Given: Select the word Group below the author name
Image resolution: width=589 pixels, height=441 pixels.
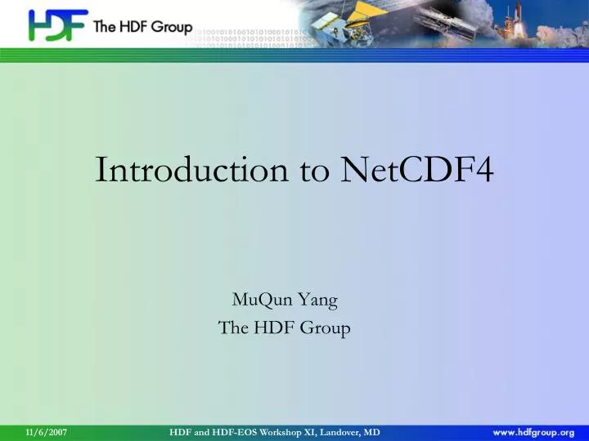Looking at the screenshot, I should (326, 328).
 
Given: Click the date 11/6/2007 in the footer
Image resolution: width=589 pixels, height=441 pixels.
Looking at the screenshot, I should (46, 431).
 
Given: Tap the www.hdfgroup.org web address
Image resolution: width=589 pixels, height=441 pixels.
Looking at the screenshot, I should (533, 431).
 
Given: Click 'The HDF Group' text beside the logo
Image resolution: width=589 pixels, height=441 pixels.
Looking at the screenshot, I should (142, 27).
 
